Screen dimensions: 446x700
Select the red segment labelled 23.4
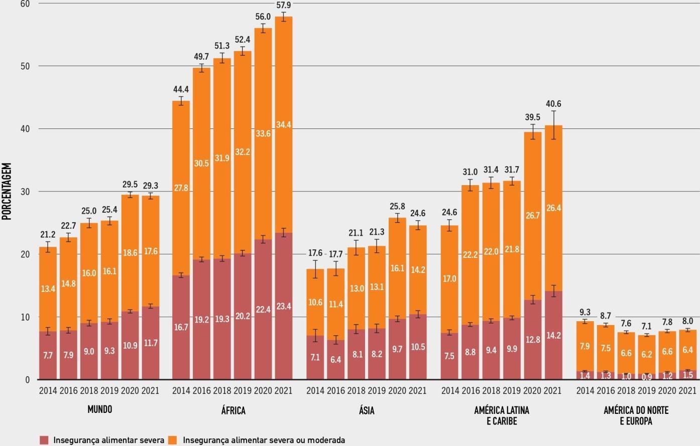point(284,306)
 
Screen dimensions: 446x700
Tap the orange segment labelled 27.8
point(181,188)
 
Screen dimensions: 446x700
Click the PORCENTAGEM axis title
point(7,191)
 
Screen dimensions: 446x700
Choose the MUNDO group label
point(100,409)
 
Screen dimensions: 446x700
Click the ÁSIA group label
point(367,410)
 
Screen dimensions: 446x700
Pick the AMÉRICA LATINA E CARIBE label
point(501,415)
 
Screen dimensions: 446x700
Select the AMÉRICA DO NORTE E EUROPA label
point(636,415)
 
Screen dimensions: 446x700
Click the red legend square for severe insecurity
point(45,440)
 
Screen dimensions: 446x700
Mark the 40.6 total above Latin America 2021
point(553,104)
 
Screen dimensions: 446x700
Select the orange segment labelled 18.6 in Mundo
point(130,253)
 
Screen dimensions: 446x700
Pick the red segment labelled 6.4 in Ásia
point(336,360)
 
